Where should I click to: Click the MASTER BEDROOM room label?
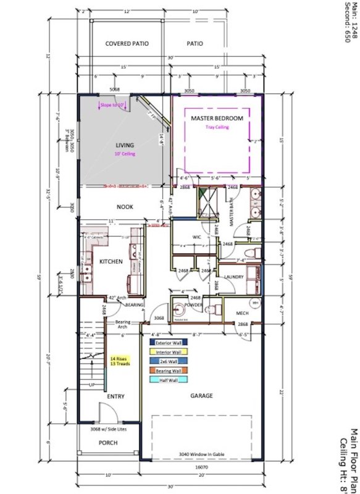217,118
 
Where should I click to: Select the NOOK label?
126,208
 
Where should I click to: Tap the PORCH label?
108,442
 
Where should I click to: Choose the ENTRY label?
117,396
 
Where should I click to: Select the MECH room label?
242,313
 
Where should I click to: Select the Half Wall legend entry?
168,379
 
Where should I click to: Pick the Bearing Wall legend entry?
168,369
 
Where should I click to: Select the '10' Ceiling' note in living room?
124,156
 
